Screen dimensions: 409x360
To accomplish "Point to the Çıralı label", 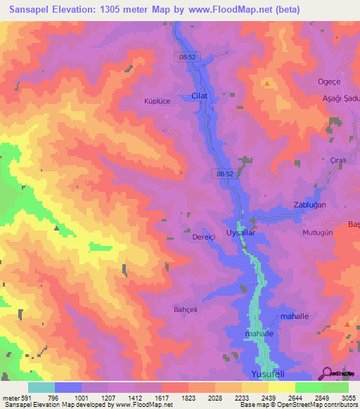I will pyautogui.click(x=340, y=160).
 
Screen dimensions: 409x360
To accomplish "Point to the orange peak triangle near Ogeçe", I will pyautogui.click(x=267, y=84).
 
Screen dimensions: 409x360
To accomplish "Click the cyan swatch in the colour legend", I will pyautogui.click(x=41, y=387).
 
